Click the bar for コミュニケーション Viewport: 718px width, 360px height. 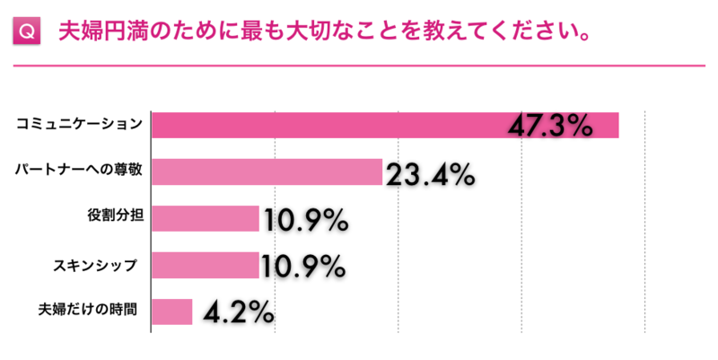click(359, 125)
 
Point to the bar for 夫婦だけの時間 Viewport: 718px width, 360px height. click(172, 312)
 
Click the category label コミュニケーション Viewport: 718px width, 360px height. click(80, 124)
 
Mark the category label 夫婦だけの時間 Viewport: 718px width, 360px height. click(87, 312)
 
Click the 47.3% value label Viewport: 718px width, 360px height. click(549, 125)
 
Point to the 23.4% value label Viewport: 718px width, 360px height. click(429, 173)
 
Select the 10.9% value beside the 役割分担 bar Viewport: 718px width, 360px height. click(304, 219)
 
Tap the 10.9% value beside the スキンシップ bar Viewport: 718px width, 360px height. click(302, 266)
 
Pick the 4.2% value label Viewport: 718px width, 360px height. click(238, 312)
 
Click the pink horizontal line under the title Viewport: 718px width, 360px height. click(359, 65)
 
